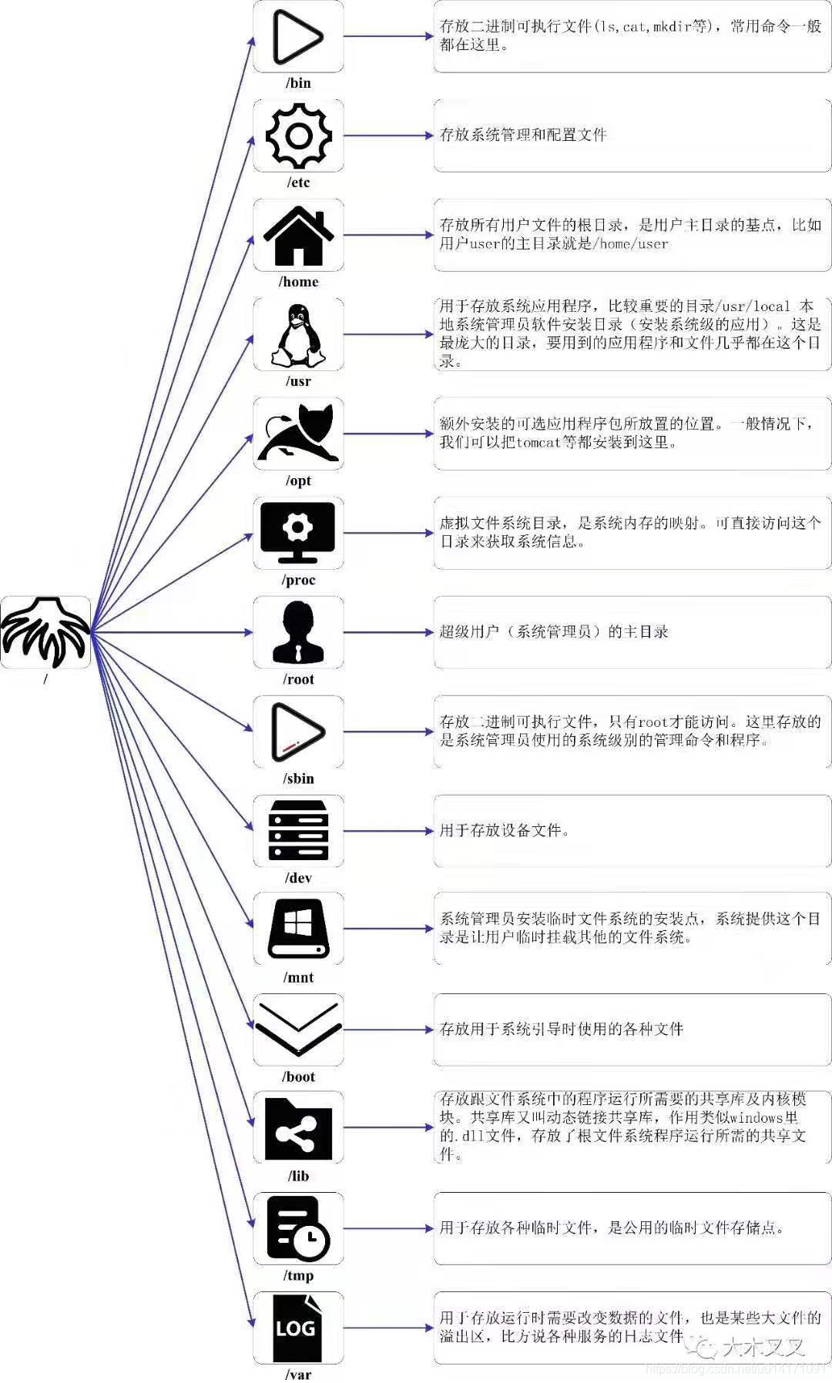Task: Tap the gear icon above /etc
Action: pyautogui.click(x=299, y=136)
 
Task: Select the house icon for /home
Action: pyautogui.click(x=299, y=236)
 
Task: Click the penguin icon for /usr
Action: pyautogui.click(x=299, y=335)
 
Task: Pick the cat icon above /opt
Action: pyautogui.click(x=299, y=434)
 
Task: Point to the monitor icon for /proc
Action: pyautogui.click(x=299, y=532)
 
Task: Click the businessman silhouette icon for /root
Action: pyautogui.click(x=299, y=632)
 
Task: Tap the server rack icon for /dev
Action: pyautogui.click(x=299, y=831)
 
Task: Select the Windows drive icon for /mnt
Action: pyautogui.click(x=299, y=929)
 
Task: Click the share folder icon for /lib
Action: pyautogui.click(x=299, y=1128)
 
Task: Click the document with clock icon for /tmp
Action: pyautogui.click(x=299, y=1227)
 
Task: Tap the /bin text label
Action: pyautogui.click(x=298, y=83)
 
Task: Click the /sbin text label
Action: pyautogui.click(x=298, y=779)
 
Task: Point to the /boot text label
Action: pyautogui.click(x=298, y=1077)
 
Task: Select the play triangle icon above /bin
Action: pyautogui.click(x=297, y=37)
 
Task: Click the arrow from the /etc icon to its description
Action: pyautogui.click(x=388, y=136)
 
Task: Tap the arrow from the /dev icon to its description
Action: pyautogui.click(x=388, y=831)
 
